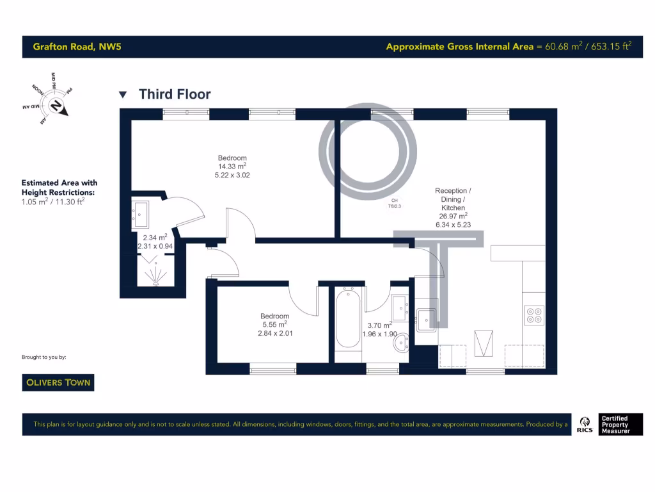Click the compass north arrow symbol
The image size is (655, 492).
[57, 106]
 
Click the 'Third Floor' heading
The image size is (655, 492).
[175, 95]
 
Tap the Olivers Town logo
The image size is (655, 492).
[58, 382]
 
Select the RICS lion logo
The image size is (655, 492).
[584, 424]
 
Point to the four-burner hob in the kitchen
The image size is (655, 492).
[533, 314]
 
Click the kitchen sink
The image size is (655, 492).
[426, 318]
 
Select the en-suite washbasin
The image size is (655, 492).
[141, 212]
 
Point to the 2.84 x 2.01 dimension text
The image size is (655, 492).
[274, 333]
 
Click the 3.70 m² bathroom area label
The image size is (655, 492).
[379, 325]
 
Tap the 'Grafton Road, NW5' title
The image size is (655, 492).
[68, 47]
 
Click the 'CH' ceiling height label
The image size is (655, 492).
[395, 201]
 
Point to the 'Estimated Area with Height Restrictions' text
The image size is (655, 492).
[59, 187]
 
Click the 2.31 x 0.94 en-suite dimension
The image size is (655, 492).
[155, 246]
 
